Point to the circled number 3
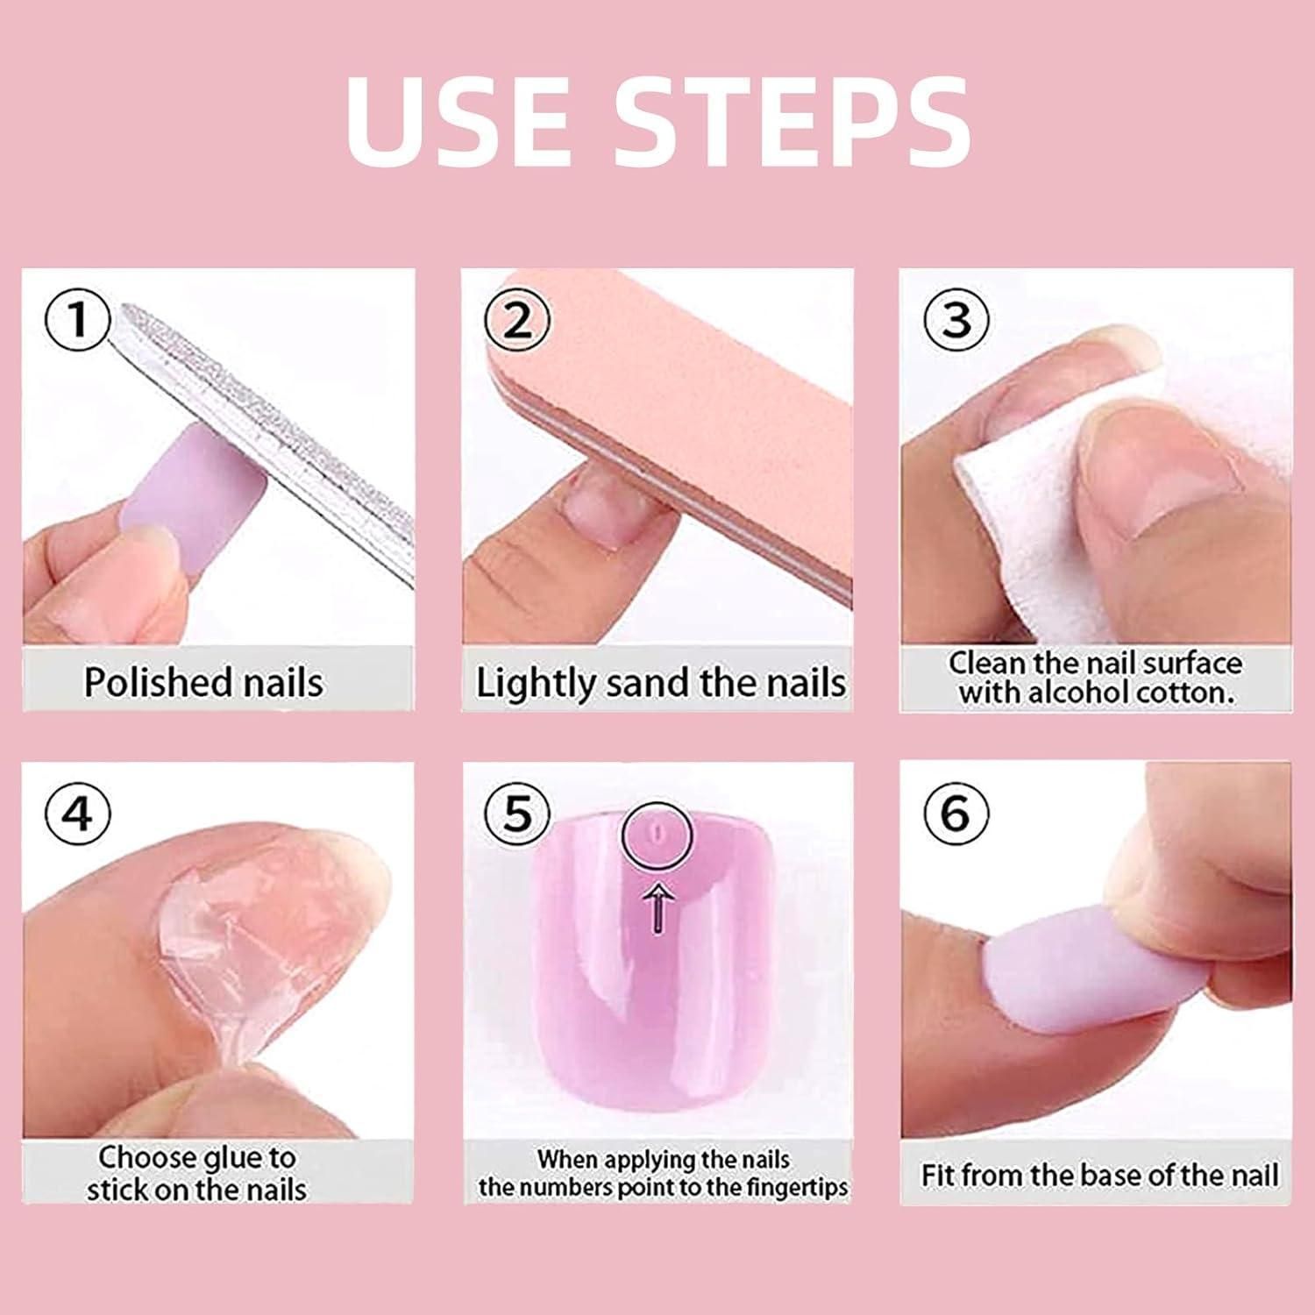tap(956, 319)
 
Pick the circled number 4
tap(78, 814)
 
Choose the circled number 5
tap(517, 814)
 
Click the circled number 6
tap(956, 814)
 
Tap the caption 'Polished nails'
tap(203, 682)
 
